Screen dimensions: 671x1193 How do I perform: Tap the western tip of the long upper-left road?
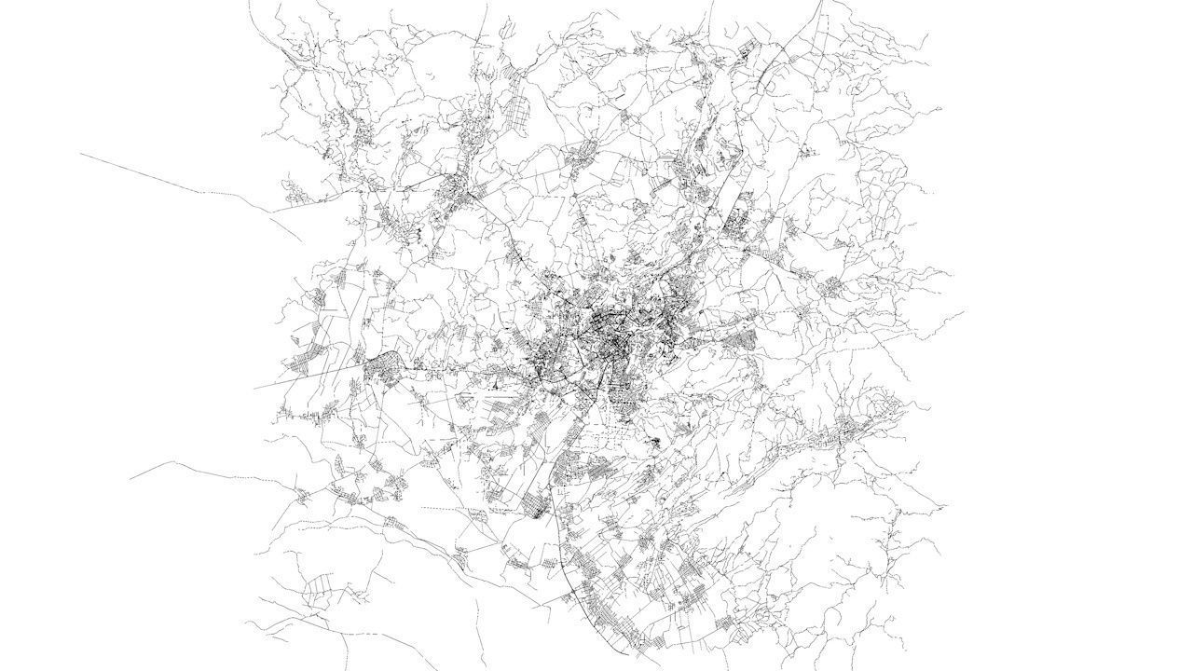click(81, 154)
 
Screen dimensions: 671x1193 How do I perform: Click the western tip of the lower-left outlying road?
click(130, 479)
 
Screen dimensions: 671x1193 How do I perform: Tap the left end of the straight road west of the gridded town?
click(254, 387)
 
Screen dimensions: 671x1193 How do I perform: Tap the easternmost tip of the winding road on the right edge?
click(963, 312)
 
